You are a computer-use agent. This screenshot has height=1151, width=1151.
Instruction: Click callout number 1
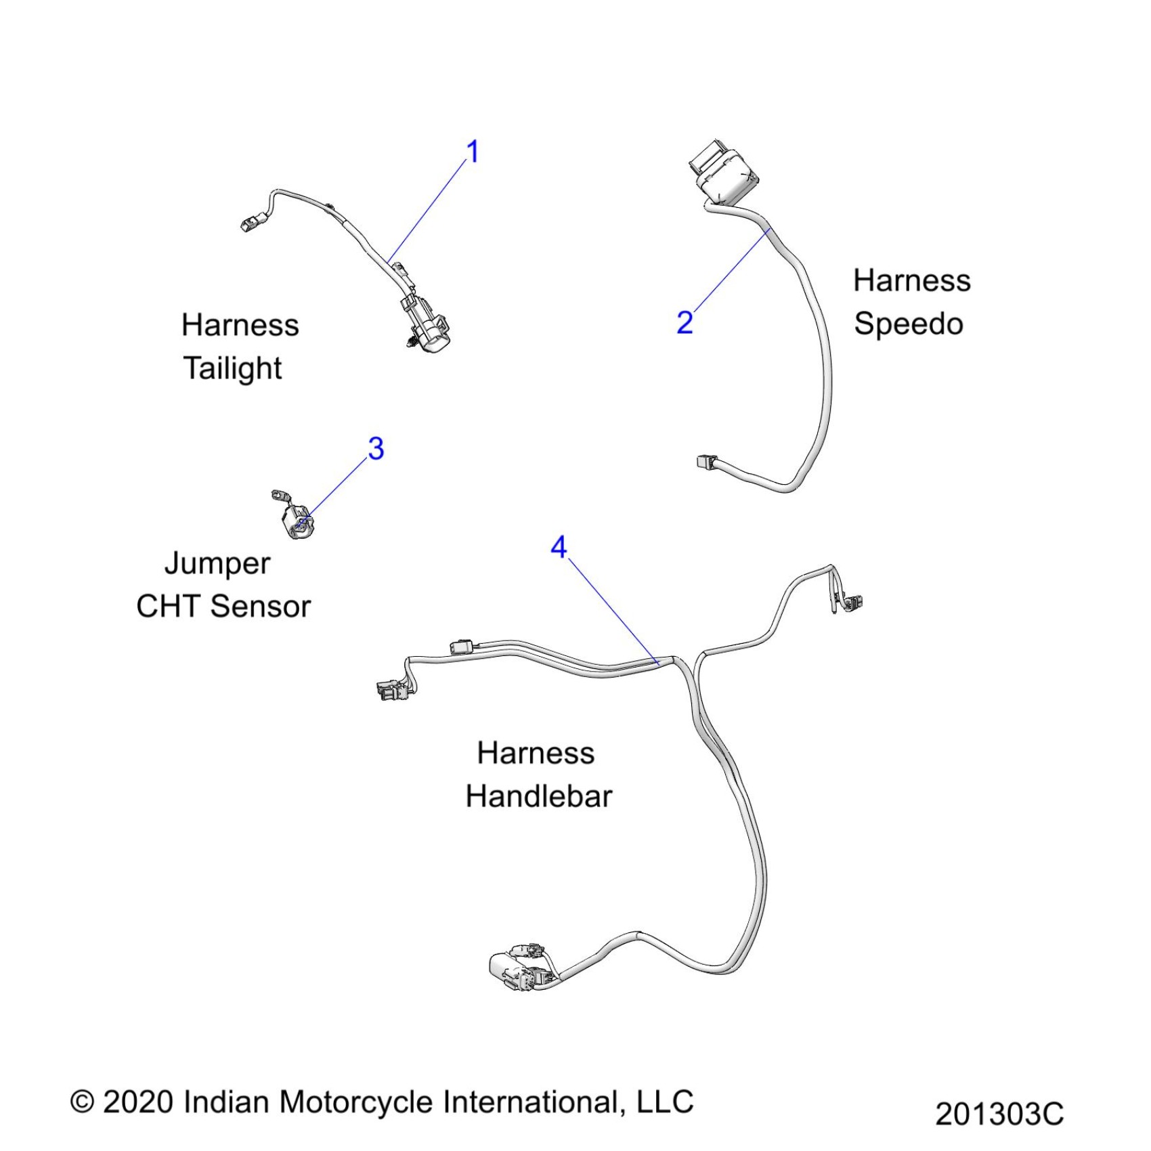473,152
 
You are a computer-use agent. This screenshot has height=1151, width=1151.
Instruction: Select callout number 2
685,322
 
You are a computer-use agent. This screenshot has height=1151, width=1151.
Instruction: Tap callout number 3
376,448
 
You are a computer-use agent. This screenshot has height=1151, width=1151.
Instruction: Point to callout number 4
559,547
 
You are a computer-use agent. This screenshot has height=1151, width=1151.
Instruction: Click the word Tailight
232,369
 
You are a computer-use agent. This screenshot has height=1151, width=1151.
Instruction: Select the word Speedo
908,324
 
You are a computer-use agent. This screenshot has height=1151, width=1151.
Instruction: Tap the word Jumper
217,564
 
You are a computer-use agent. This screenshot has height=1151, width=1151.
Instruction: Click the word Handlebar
538,796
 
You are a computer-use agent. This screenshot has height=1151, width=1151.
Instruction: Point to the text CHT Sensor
223,606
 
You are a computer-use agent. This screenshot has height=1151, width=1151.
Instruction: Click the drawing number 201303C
999,1114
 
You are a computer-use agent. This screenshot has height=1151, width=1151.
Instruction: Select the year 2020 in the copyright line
137,1102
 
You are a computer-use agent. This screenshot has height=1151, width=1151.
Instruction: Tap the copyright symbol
82,1102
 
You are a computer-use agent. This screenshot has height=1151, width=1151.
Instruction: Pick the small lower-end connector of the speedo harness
705,462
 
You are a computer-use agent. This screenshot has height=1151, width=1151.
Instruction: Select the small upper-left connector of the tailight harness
252,221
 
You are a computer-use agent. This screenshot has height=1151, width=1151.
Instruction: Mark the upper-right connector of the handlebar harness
850,602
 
